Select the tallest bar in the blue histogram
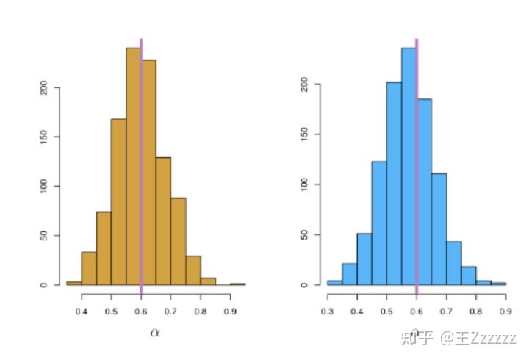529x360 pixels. point(409,166)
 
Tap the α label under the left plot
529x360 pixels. point(155,332)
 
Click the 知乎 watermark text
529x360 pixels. point(417,338)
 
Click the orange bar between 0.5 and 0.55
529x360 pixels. point(118,202)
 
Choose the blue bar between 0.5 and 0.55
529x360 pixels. point(394,184)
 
